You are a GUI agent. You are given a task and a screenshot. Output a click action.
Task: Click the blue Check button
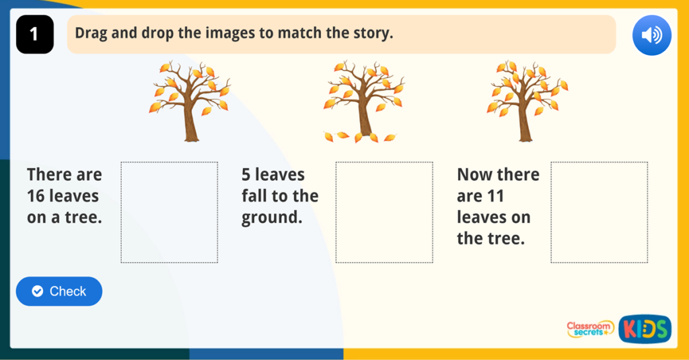pos(59,291)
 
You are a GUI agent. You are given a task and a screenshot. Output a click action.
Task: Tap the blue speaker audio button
pos(651,35)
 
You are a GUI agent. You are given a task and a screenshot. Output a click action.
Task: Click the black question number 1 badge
pos(35,34)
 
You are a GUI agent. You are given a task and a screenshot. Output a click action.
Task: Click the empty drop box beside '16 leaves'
pos(169,213)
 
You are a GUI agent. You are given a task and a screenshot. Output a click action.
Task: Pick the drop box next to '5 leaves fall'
pos(384,213)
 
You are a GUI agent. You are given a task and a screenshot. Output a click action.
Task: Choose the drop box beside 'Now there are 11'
pos(599,213)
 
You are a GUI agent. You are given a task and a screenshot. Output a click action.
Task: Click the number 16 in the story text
pos(36,196)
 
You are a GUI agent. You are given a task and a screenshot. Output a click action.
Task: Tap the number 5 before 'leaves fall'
pos(246,175)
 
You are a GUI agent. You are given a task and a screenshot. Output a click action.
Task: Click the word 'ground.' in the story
pos(272,218)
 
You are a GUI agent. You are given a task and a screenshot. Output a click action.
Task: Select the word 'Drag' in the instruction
pos(91,33)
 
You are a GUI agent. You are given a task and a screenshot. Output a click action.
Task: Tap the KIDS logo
pos(645,329)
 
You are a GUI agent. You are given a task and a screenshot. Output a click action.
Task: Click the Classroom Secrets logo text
pos(589,329)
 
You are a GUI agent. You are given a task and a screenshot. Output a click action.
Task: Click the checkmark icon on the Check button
pos(38,291)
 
